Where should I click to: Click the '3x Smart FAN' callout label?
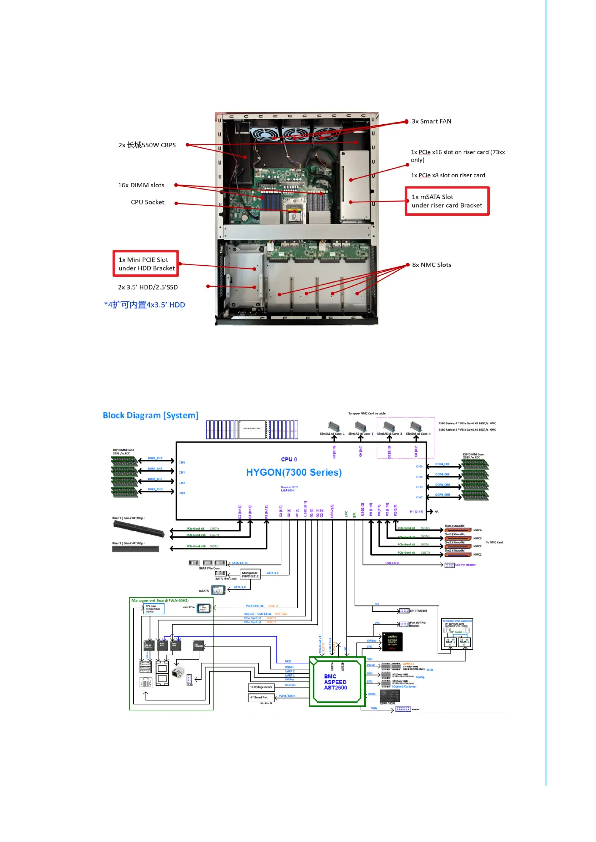(x=431, y=121)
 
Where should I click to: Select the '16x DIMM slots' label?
(x=141, y=185)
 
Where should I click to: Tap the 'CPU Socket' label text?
(x=148, y=202)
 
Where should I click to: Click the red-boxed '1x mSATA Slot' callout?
(x=447, y=201)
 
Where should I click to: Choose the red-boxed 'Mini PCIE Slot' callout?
(x=146, y=264)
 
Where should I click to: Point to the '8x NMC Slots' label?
(x=432, y=265)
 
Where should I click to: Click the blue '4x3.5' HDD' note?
(x=145, y=305)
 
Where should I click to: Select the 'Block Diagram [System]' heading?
(x=150, y=415)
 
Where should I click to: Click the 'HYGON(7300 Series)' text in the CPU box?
(x=294, y=472)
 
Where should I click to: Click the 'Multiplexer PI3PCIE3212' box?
(x=250, y=574)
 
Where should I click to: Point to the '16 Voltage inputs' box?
(x=261, y=687)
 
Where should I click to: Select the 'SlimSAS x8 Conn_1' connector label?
(x=332, y=434)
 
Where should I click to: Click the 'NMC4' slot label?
(x=478, y=530)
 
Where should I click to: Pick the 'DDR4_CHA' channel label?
(x=155, y=458)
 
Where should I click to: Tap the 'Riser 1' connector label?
(x=128, y=518)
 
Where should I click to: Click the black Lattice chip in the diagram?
(x=392, y=642)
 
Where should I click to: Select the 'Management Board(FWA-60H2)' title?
(x=160, y=600)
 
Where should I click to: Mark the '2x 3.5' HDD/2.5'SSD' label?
(x=148, y=287)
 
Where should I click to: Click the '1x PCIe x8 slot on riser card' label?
(x=448, y=175)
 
